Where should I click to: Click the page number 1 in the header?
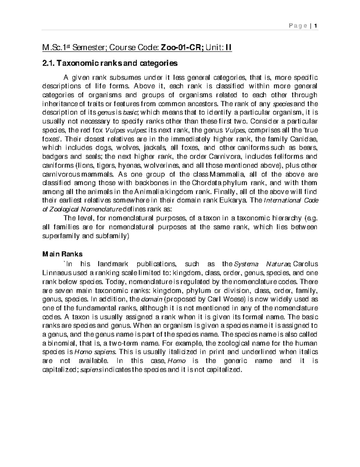click(x=316, y=26)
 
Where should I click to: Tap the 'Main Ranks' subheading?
click(x=62, y=254)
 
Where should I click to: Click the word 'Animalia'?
click(x=148, y=192)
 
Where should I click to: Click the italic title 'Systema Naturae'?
click(x=261, y=264)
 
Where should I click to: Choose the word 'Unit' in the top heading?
click(x=213, y=48)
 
